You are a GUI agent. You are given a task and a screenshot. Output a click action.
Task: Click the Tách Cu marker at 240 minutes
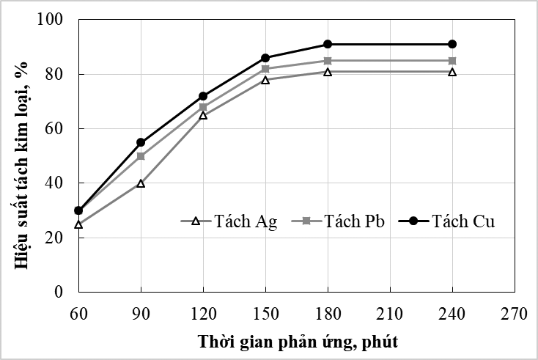[x=452, y=44]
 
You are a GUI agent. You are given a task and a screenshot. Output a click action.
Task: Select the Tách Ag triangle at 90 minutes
[x=141, y=183]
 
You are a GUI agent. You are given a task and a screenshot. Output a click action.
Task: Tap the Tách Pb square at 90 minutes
[x=141, y=156]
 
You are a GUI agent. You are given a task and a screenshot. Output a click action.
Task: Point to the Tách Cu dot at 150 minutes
[x=265, y=58]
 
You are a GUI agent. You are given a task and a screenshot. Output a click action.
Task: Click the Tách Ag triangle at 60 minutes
[x=78, y=224]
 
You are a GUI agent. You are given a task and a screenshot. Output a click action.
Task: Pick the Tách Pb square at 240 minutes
[x=452, y=61]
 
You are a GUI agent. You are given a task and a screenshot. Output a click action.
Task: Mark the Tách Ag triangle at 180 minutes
[x=328, y=72]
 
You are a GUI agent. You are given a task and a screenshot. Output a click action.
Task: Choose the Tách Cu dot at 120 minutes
[x=203, y=96]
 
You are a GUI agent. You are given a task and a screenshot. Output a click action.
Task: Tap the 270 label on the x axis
[x=515, y=314]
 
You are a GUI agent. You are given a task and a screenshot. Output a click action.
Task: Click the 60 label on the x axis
[x=78, y=314]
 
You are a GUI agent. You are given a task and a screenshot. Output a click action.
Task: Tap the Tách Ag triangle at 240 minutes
[x=452, y=72]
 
